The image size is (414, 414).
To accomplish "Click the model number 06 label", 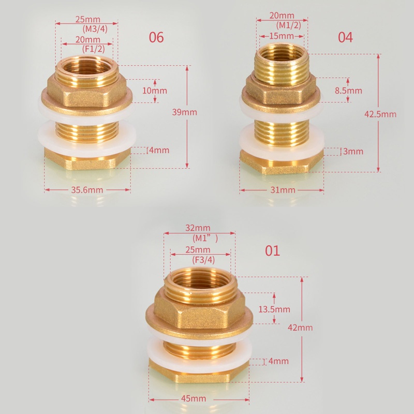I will [x=156, y=38].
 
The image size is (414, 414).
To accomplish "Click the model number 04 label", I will [x=345, y=38].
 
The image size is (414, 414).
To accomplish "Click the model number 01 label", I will [x=272, y=251].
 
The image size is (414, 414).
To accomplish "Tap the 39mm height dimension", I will [x=184, y=112].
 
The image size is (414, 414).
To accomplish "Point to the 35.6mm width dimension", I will [x=87, y=190].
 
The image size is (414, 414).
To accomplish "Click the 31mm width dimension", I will [x=283, y=190].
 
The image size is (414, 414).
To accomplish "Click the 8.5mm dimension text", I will [x=348, y=91].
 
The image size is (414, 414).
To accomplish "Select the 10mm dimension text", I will [x=154, y=90].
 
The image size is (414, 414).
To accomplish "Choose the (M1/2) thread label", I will [x=282, y=25].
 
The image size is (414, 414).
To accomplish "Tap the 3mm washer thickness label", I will [x=353, y=151].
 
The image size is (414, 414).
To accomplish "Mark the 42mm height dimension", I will [x=301, y=328].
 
